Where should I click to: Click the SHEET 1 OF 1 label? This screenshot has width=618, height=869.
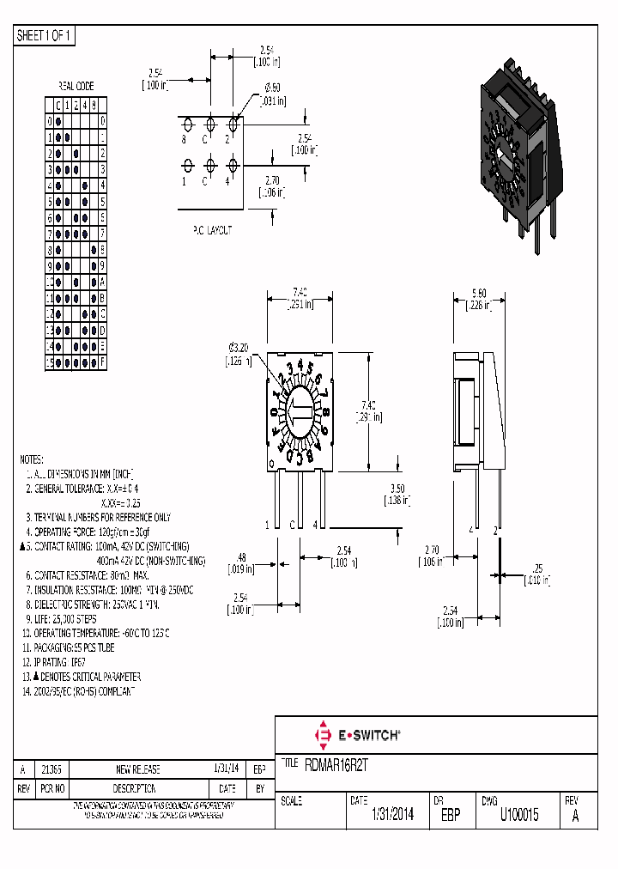click(45, 35)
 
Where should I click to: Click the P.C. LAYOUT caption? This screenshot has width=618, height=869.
click(210, 230)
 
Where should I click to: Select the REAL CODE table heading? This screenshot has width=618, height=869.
click(76, 86)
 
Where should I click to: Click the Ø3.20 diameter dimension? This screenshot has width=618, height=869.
click(239, 347)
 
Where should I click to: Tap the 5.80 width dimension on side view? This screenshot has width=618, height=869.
click(477, 293)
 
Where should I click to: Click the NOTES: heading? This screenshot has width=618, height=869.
click(32, 459)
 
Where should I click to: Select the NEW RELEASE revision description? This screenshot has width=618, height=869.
click(137, 769)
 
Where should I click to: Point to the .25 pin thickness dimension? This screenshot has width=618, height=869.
click(536, 569)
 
